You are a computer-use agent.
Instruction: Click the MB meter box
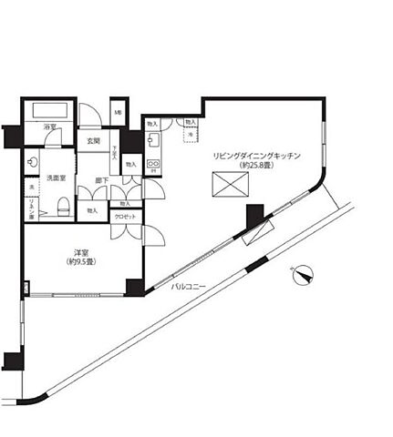[119, 113]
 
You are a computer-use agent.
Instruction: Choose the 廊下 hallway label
[103, 180]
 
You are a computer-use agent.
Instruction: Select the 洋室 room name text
[81, 250]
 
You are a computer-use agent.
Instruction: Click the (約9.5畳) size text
[81, 261]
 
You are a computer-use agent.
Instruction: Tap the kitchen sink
[153, 141]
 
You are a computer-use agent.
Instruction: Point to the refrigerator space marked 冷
[190, 135]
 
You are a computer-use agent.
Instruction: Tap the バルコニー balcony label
[189, 288]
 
